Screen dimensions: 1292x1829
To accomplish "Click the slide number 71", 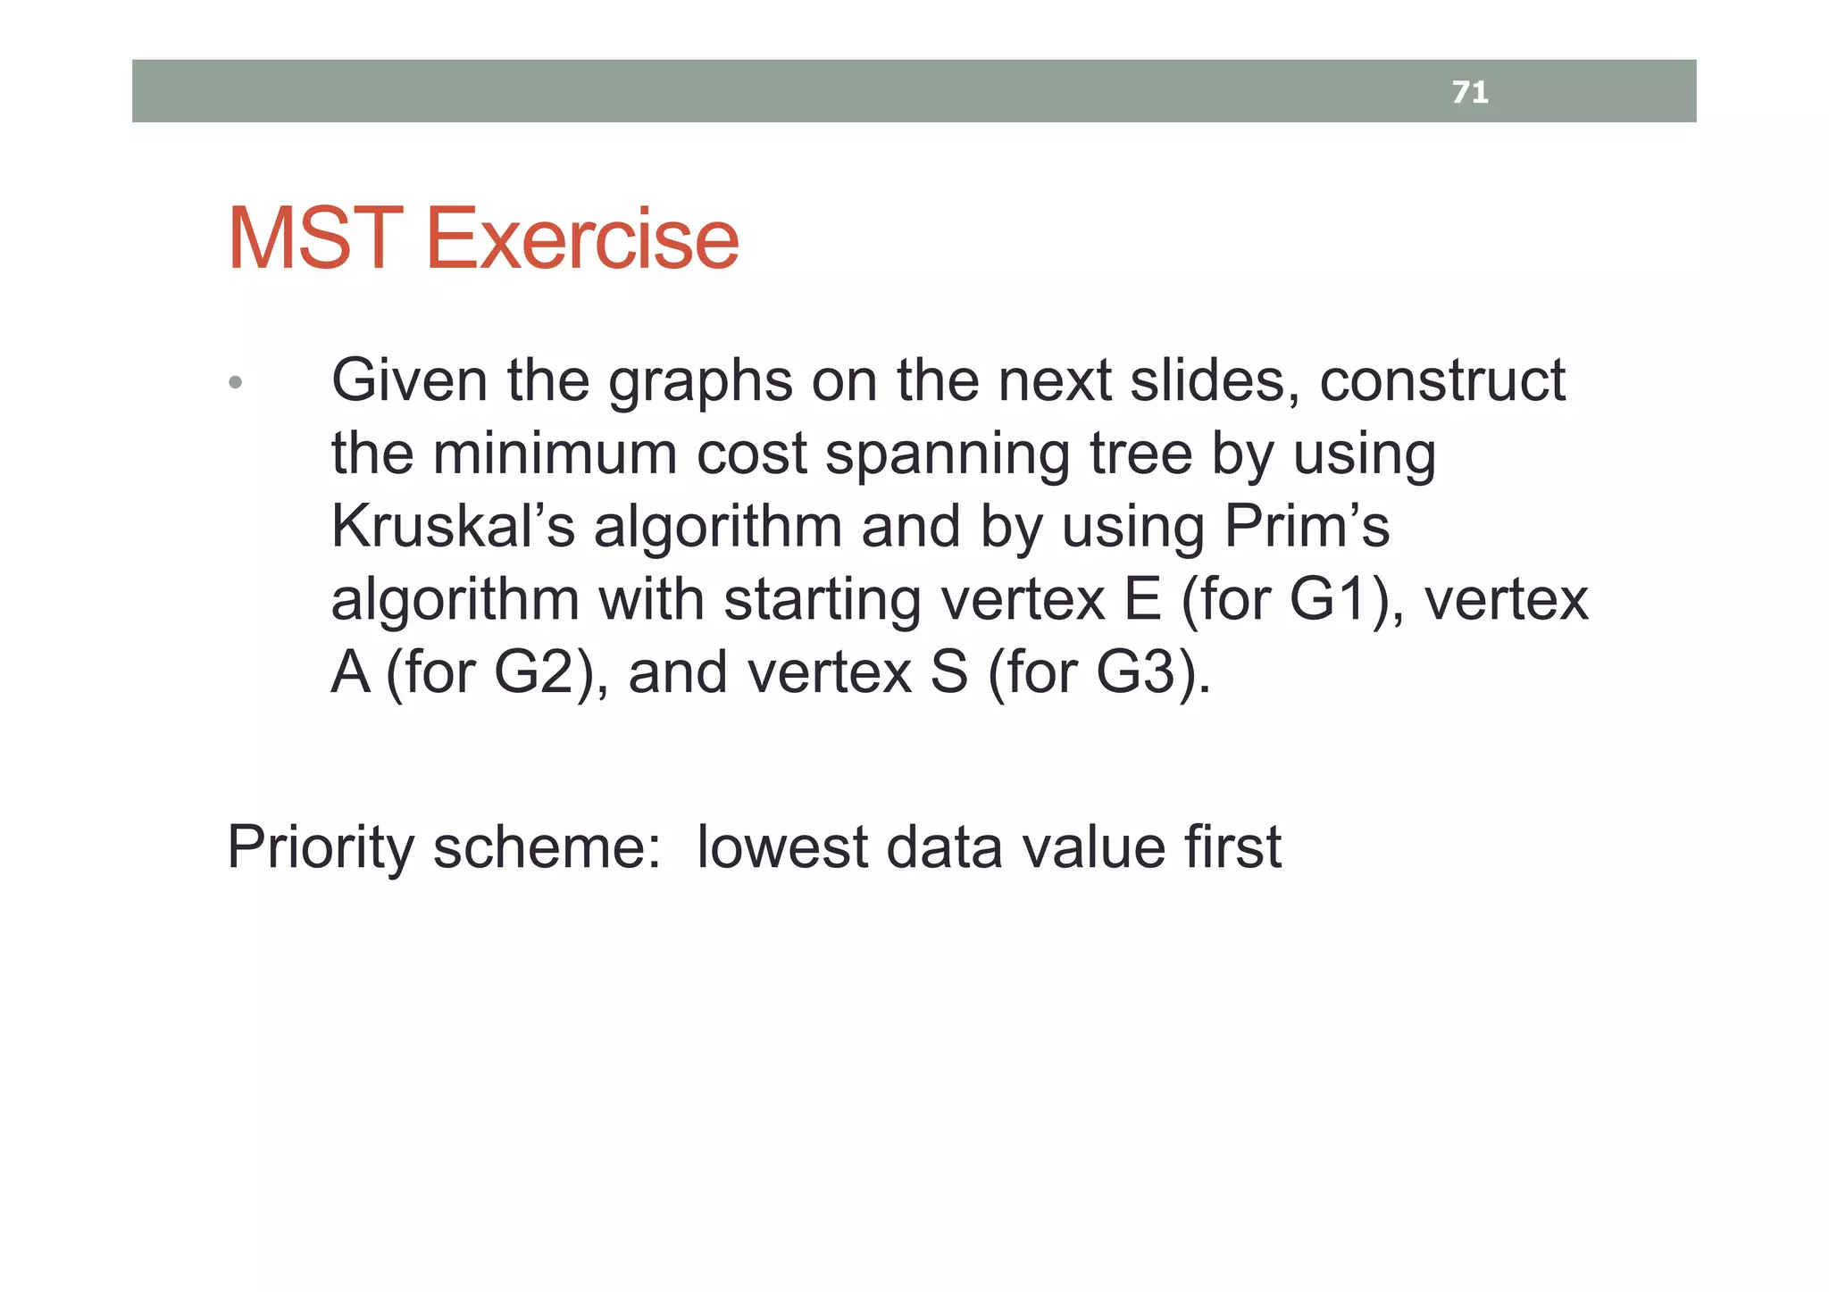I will (1469, 92).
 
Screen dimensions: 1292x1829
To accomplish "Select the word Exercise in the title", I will (582, 239).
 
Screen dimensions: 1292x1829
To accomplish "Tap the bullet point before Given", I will (235, 383).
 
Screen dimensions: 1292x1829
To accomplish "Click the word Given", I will (409, 381).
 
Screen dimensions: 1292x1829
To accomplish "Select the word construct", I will (1441, 381).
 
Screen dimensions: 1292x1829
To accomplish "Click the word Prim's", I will (1306, 526).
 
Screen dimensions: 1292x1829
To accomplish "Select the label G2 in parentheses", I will (535, 672).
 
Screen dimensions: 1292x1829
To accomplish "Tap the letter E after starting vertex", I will (1142, 599).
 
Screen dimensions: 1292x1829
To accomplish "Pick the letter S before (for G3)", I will (948, 672).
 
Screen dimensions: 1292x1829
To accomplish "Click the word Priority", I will (320, 848).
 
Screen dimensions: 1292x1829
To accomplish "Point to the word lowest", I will (781, 846).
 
